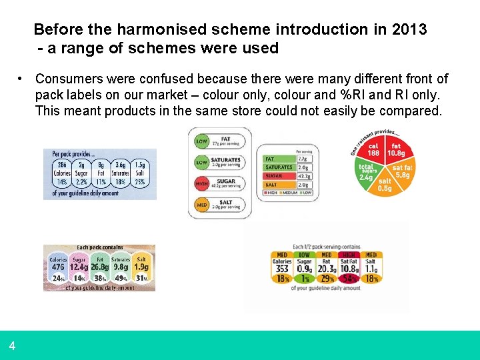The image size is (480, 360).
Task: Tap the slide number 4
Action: [12, 346]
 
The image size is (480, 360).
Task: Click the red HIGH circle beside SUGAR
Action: [201, 183]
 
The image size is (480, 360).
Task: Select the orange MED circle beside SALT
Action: [201, 204]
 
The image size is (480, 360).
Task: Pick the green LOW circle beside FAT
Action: [201, 141]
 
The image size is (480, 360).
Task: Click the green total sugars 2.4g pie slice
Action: [367, 172]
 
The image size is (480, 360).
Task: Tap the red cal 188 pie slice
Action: [373, 149]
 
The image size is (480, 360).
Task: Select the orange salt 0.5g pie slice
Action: [385, 184]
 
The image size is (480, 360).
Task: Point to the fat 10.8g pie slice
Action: [397, 149]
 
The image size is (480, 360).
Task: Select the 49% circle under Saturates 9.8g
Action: [121, 278]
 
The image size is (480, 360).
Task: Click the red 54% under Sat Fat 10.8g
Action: [348, 278]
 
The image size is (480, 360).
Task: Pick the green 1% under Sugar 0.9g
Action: [304, 278]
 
